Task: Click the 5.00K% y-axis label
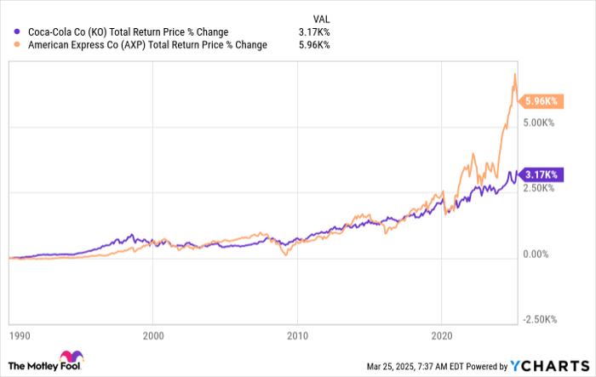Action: pyautogui.click(x=540, y=123)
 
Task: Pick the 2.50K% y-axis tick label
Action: pyautogui.click(x=540, y=188)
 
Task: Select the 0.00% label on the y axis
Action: pyautogui.click(x=540, y=254)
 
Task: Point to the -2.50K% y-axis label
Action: pyautogui.click(x=540, y=319)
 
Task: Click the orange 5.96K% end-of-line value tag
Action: pyautogui.click(x=541, y=101)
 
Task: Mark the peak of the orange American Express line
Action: pyautogui.click(x=514, y=74)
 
